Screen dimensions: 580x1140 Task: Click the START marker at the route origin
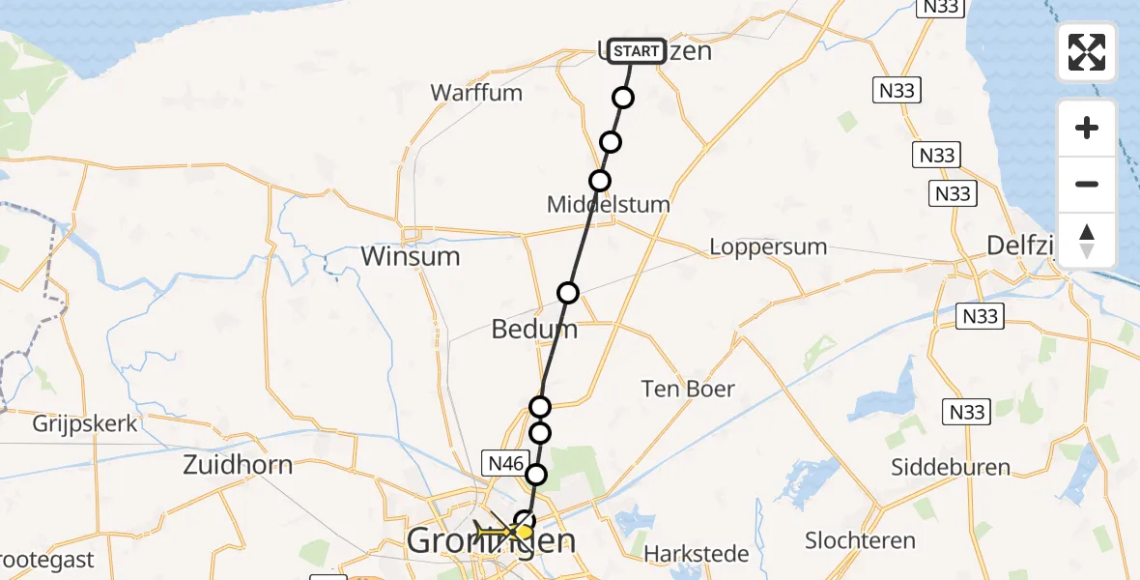pyautogui.click(x=637, y=51)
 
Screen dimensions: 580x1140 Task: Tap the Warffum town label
pyautogui.click(x=476, y=93)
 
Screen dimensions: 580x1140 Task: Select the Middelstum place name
pyautogui.click(x=608, y=205)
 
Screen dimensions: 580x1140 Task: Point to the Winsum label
pyautogui.click(x=410, y=256)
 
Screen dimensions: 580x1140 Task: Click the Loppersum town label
pyautogui.click(x=768, y=246)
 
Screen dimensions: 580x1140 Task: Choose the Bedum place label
pyautogui.click(x=534, y=329)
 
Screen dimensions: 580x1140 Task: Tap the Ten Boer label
pyautogui.click(x=688, y=389)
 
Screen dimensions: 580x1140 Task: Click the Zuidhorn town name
pyautogui.click(x=238, y=465)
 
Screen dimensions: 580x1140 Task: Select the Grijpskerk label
pyautogui.click(x=85, y=423)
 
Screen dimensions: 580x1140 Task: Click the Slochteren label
pyautogui.click(x=859, y=540)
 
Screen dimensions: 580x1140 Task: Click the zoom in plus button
pyautogui.click(x=1087, y=128)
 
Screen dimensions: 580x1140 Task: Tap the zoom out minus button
pyautogui.click(x=1087, y=184)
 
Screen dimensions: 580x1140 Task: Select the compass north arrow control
pyautogui.click(x=1087, y=241)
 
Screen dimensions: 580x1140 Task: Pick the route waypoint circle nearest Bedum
pyautogui.click(x=568, y=293)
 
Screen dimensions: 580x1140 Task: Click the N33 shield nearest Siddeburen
pyautogui.click(x=966, y=413)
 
